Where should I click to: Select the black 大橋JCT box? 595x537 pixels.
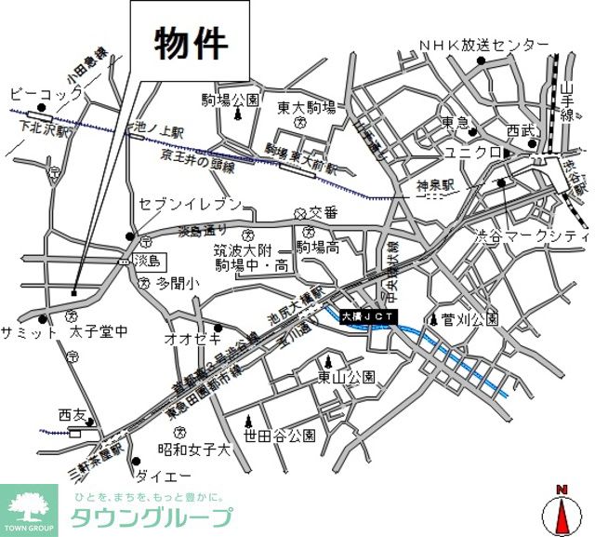pos(369,318)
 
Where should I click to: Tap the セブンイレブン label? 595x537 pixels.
pos(190,204)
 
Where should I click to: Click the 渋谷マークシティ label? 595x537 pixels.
pos(532,235)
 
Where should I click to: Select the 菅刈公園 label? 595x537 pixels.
pos(470,319)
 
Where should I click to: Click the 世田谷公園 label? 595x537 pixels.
pos(281,435)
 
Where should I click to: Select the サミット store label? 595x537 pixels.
pos(29,332)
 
